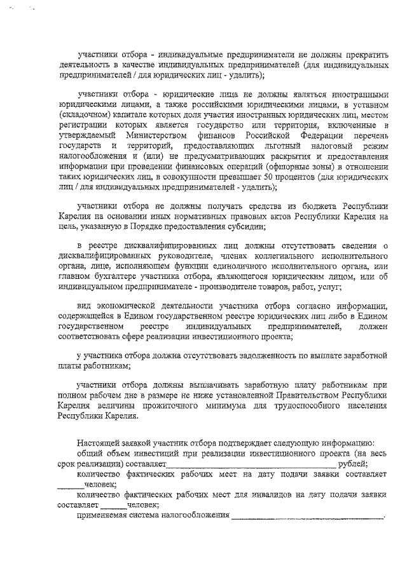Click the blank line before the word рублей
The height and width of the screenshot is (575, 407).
pyautogui.click(x=249, y=464)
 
